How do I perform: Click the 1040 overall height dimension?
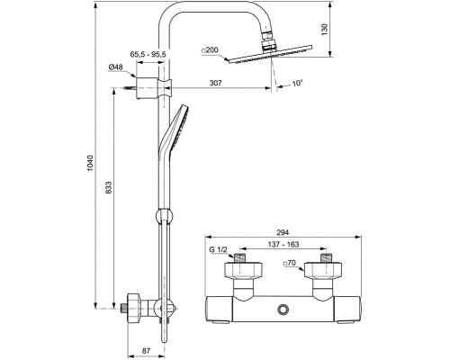(x=91, y=163)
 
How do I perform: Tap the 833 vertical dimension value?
(x=109, y=187)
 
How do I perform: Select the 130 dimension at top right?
(x=325, y=30)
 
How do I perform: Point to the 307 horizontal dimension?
(x=216, y=83)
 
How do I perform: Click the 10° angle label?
(x=297, y=84)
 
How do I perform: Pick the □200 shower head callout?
(x=210, y=50)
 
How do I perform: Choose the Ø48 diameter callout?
(x=115, y=67)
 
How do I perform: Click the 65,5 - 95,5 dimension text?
(x=148, y=54)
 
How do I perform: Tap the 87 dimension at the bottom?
(x=146, y=350)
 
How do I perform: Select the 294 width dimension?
(x=282, y=232)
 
